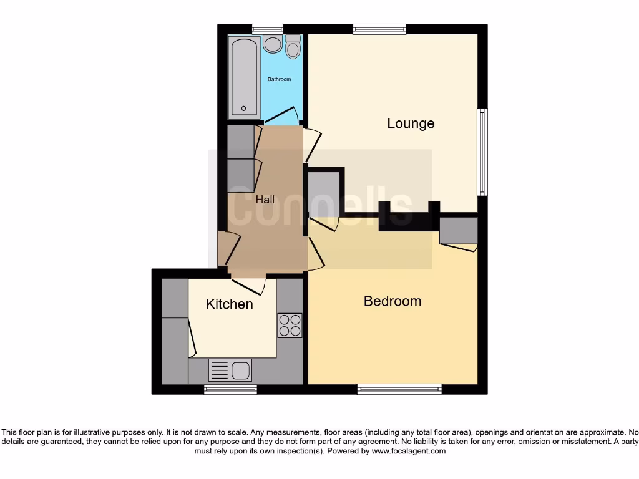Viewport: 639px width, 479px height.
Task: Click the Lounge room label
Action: [x=411, y=123]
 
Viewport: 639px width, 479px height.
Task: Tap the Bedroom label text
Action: [x=393, y=301]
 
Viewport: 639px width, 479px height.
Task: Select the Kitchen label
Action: [x=230, y=304]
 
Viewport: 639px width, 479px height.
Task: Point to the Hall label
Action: [x=265, y=200]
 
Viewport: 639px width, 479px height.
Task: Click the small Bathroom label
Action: [x=279, y=80]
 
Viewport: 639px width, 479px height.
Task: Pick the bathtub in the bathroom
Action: [x=244, y=77]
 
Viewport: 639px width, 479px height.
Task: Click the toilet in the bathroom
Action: [x=293, y=46]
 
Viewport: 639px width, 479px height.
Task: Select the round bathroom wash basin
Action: [x=272, y=44]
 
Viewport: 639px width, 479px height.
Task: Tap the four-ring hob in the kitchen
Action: [x=290, y=325]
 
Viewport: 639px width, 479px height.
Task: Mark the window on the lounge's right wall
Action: [x=482, y=152]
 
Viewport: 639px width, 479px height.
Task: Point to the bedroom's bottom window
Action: [x=399, y=389]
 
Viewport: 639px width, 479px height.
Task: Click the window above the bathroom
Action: [x=267, y=29]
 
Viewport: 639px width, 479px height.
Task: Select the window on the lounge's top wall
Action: [x=379, y=29]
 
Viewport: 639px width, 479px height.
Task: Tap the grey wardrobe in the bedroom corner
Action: [x=459, y=230]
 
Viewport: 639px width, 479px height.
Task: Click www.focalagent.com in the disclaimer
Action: [x=408, y=451]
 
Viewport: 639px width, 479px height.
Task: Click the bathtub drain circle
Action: [x=243, y=109]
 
